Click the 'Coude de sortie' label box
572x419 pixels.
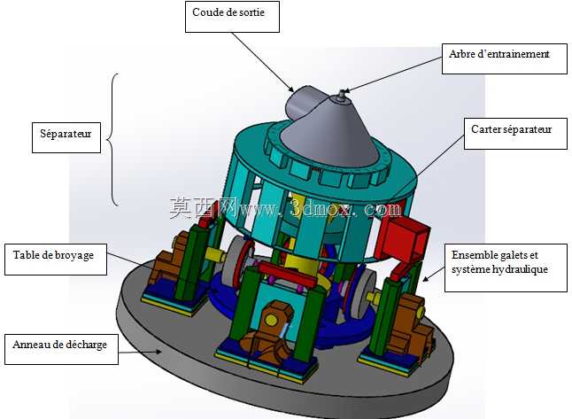click(x=232, y=17)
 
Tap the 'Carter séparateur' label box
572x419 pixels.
click(x=515, y=134)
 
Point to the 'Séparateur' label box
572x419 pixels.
click(x=66, y=137)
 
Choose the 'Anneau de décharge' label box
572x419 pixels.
click(x=61, y=349)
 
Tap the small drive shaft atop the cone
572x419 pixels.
click(x=342, y=96)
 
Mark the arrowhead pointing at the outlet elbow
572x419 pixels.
click(x=291, y=89)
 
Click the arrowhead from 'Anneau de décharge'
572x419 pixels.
click(x=158, y=351)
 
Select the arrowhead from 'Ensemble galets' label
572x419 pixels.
click(x=425, y=279)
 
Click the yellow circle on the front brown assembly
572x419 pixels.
click(x=271, y=321)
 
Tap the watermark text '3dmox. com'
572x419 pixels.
click(x=345, y=209)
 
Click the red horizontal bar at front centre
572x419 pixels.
click(x=288, y=274)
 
